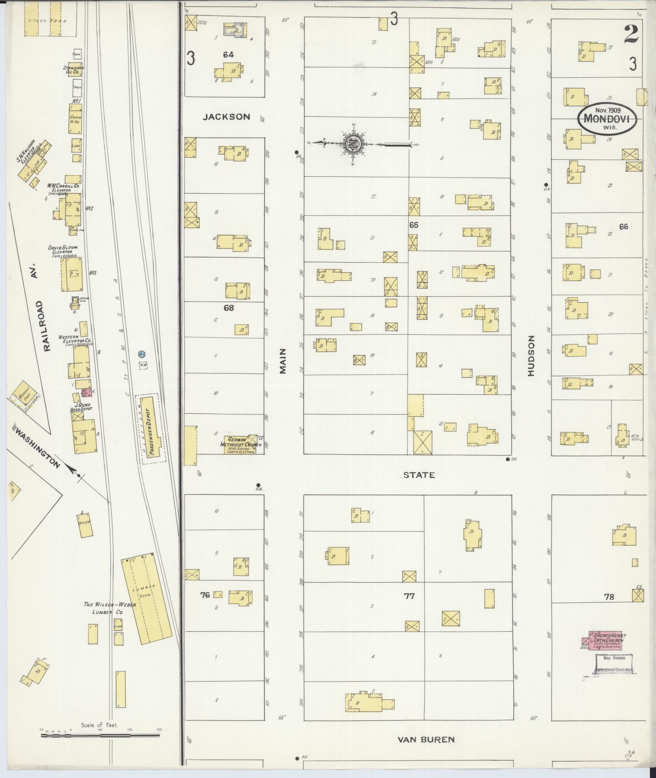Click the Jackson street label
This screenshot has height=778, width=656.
point(227,117)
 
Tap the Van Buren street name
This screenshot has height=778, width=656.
point(425,739)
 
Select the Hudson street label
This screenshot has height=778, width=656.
point(531,356)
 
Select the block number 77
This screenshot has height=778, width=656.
point(409,596)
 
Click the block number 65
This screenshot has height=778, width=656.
point(414,225)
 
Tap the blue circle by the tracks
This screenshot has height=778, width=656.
point(142,354)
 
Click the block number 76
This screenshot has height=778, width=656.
point(205,595)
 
